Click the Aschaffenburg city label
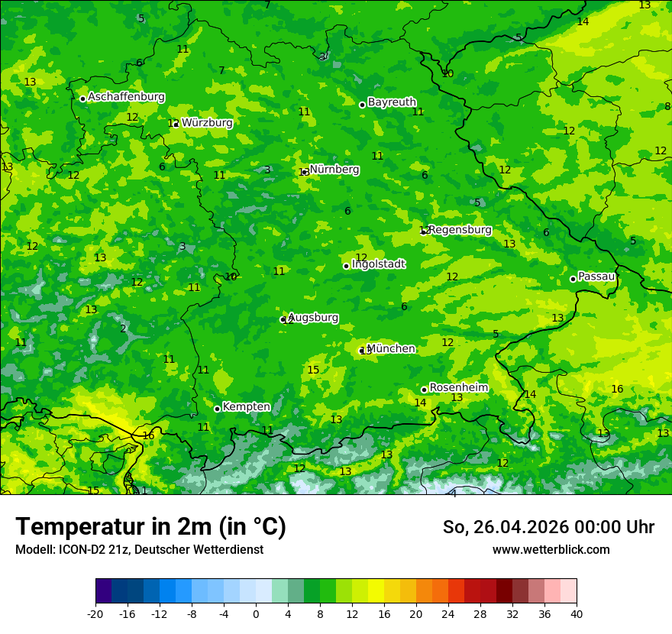(x=126, y=97)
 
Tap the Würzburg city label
(x=207, y=122)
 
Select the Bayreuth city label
(x=392, y=102)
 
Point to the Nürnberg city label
(x=334, y=169)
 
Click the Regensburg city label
(x=460, y=229)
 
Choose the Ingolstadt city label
(x=378, y=264)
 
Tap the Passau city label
(x=596, y=276)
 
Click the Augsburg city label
(x=313, y=317)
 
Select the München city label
(x=391, y=348)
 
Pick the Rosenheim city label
(x=458, y=387)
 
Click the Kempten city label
(x=246, y=406)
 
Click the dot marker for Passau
(x=573, y=279)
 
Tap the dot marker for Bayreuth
(x=362, y=105)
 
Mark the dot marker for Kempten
(x=217, y=409)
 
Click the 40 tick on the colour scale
(x=577, y=613)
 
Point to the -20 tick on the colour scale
(x=95, y=613)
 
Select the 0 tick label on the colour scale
(x=256, y=613)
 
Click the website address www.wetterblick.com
(x=551, y=549)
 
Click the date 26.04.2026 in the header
(x=515, y=527)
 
